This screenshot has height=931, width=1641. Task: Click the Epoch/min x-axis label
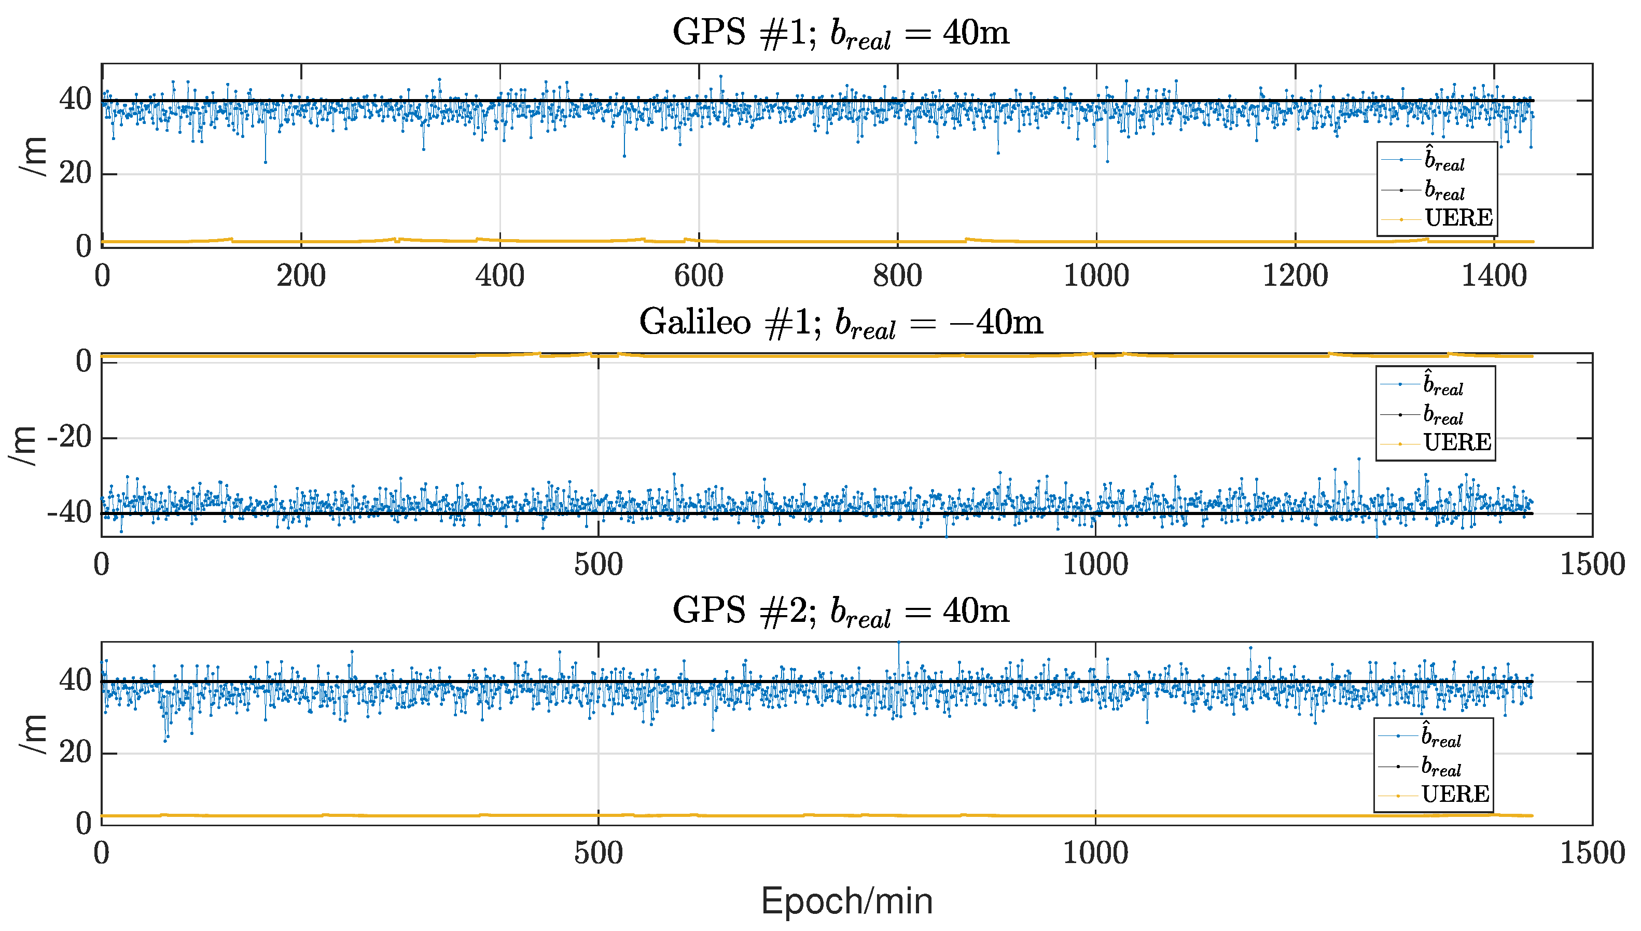pos(846,901)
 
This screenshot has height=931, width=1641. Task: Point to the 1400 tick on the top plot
pos(1494,276)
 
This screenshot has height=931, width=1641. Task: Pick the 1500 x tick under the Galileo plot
pos(1592,565)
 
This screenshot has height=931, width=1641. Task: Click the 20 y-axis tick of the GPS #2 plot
pos(75,753)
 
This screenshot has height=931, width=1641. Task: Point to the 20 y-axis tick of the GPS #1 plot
pos(75,173)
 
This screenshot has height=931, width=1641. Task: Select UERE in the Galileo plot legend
pos(1457,442)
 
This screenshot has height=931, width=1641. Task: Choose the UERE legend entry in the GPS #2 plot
pos(1455,794)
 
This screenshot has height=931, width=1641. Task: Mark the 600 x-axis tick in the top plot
pos(698,276)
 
